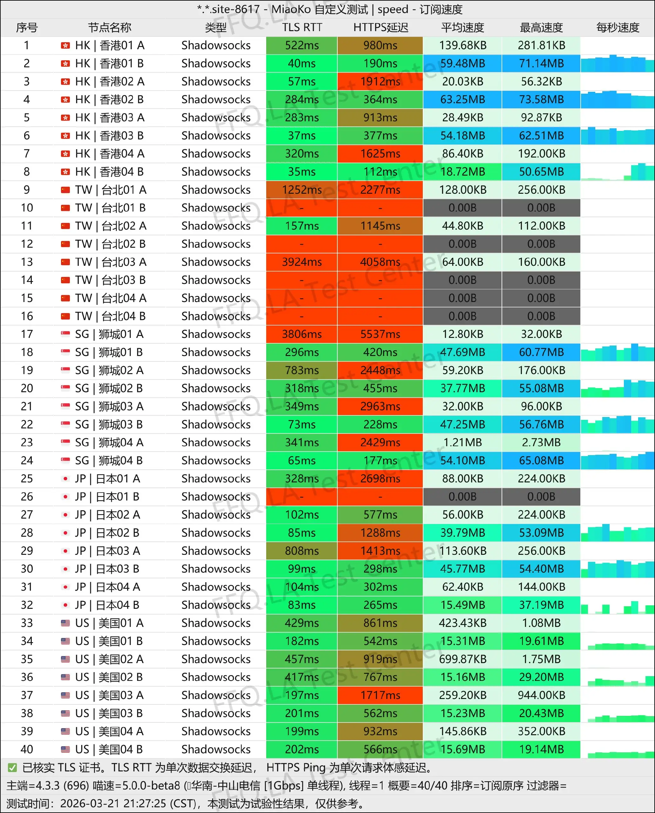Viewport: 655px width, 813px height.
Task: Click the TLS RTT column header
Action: pos(302,28)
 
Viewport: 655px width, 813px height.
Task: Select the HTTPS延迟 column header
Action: pos(380,28)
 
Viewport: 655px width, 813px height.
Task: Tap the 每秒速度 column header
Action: pos(617,28)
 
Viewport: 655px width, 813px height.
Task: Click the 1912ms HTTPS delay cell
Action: pos(380,82)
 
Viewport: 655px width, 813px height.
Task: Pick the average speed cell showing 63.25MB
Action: pos(463,100)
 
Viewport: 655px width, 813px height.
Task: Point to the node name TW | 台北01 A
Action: pos(110,190)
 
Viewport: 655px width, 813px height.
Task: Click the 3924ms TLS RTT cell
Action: pos(302,262)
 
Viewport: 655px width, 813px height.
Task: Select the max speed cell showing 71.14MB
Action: pos(541,64)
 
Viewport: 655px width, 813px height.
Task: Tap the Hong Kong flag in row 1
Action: pos(65,46)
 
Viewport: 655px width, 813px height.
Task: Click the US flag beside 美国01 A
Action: pos(65,623)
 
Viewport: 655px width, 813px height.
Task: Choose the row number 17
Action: pos(27,334)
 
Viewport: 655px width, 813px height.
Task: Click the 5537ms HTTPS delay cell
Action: pos(380,334)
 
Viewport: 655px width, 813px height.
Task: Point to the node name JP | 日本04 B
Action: pos(107,605)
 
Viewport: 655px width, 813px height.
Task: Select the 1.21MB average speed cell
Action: pos(463,442)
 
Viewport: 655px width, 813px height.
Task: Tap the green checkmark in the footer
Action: pos(12,768)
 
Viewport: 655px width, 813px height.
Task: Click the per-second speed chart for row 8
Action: pos(617,172)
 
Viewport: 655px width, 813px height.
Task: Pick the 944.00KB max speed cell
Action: pos(541,695)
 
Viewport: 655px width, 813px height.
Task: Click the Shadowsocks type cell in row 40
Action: pos(216,749)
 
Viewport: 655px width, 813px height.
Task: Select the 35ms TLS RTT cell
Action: pos(302,172)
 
